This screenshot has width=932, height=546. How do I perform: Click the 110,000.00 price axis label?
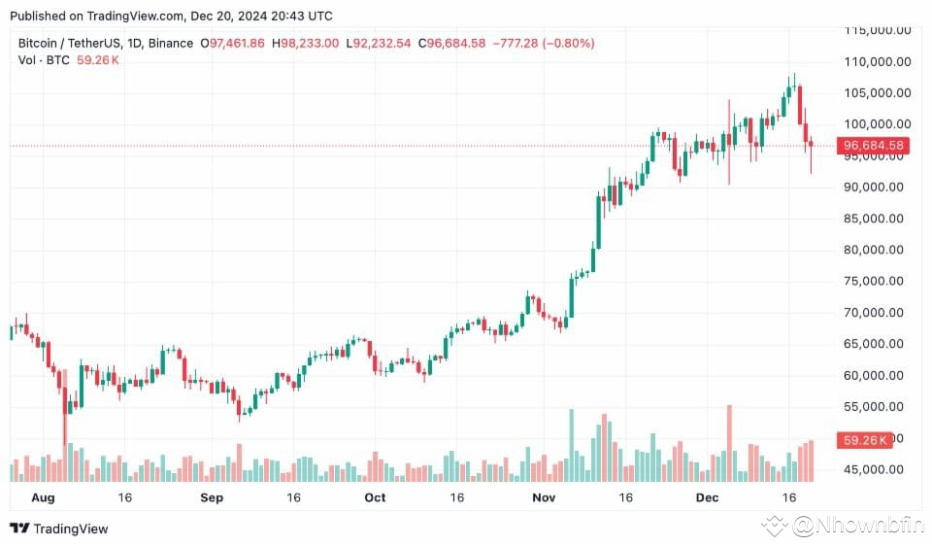coord(878,62)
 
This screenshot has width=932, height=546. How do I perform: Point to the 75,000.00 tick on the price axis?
coord(874,282)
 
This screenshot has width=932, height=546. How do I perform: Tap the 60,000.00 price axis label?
coord(874,375)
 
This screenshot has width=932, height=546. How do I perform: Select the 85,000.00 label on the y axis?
coord(874,219)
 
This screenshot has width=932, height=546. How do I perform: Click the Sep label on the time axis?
coord(212,497)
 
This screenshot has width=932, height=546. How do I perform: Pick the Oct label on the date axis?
coord(375,497)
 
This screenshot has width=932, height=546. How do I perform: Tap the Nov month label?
coord(544,497)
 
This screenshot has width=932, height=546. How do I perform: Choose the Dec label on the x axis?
coord(708,497)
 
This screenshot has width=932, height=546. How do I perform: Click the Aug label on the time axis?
coord(43,497)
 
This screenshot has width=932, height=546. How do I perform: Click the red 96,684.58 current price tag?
coord(873,146)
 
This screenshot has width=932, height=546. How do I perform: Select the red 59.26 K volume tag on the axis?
coord(865,440)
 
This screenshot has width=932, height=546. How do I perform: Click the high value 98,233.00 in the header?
coord(310,44)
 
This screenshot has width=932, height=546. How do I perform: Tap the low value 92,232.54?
coord(383,44)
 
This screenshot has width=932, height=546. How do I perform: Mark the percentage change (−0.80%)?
coord(568,44)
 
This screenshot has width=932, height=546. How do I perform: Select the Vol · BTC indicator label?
coord(44,60)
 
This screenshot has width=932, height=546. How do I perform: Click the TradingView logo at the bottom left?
coord(59,529)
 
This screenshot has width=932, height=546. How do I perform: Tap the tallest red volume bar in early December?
coord(729,443)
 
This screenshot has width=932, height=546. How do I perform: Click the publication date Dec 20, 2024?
coord(228,17)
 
